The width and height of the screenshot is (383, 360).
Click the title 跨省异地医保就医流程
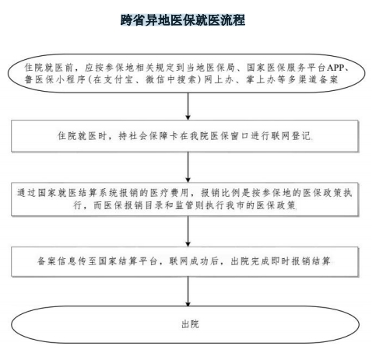183,20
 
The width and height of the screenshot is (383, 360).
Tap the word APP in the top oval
336,68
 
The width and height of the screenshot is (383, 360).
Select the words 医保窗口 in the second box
229,136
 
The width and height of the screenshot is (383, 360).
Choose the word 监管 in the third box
184,205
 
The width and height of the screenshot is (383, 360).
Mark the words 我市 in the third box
236,205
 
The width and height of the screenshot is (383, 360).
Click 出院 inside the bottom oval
190,324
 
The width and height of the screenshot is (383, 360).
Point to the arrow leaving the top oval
188,106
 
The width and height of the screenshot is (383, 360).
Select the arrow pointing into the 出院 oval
188,292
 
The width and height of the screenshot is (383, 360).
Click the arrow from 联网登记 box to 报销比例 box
188,167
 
